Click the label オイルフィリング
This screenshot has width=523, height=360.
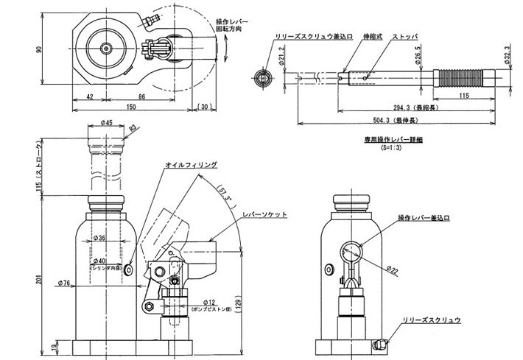pyautogui.click(x=191, y=166)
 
